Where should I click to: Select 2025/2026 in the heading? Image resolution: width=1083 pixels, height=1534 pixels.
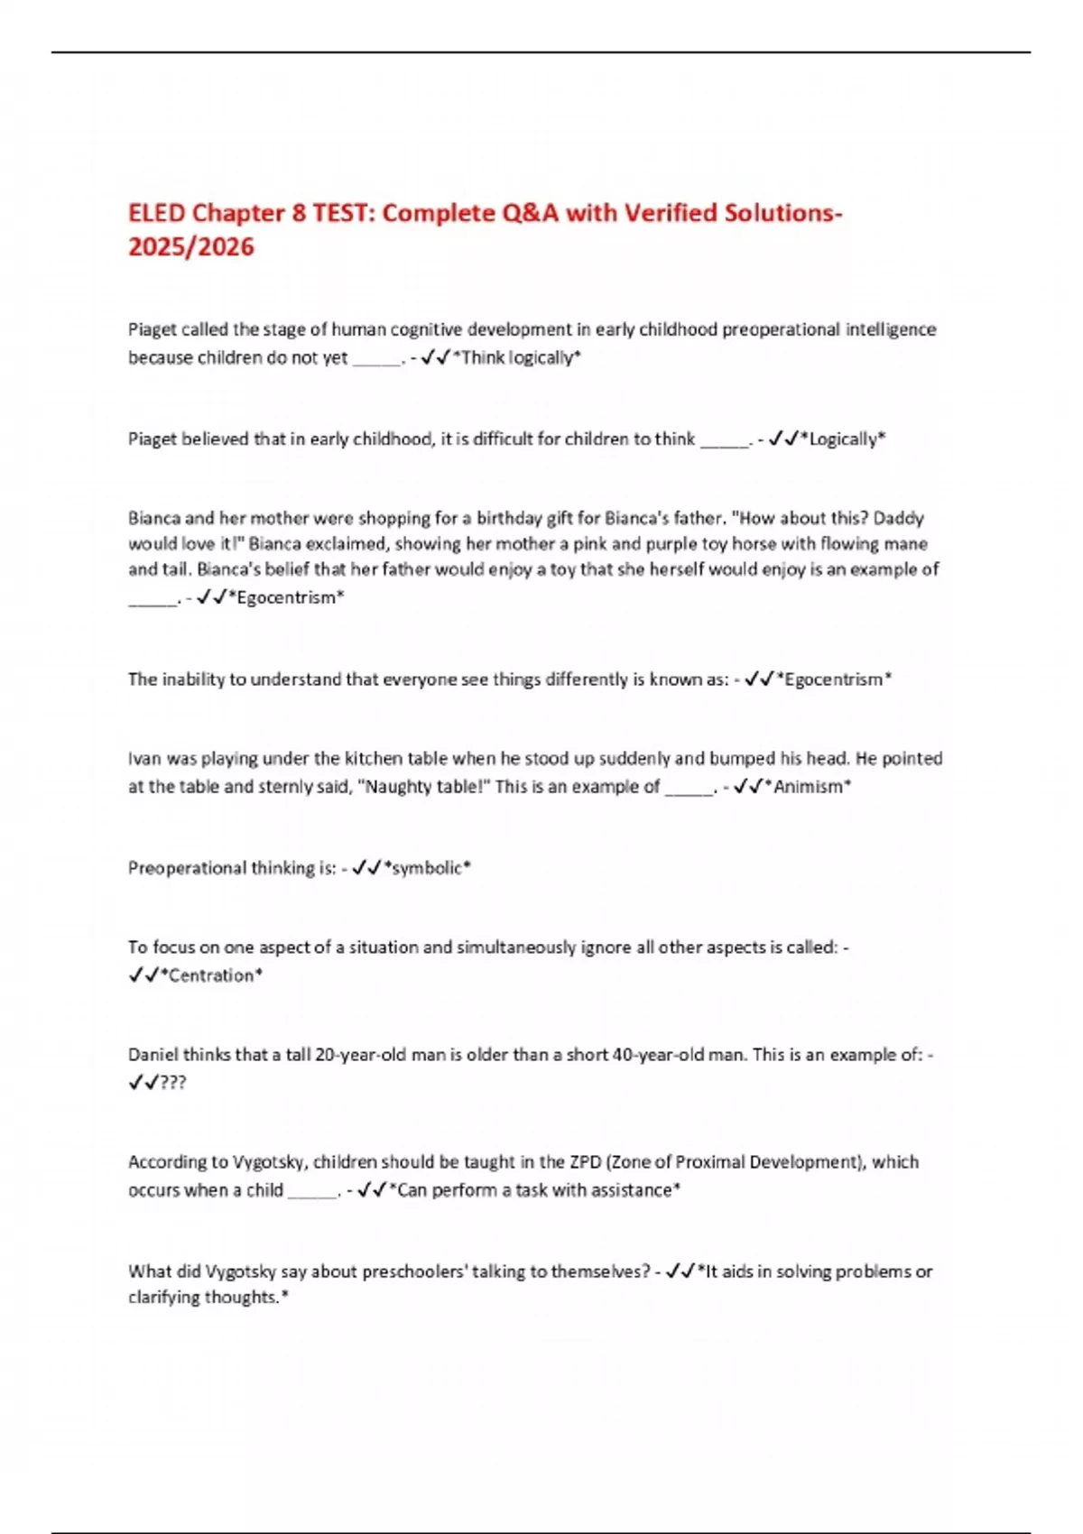[191, 247]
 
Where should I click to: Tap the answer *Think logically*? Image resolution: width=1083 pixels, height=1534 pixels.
[516, 358]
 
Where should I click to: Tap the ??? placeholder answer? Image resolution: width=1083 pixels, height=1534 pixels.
[172, 1083]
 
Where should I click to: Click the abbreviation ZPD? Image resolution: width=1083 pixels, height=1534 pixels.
[585, 1162]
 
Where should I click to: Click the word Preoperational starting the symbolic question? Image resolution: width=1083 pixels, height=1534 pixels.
[187, 868]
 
